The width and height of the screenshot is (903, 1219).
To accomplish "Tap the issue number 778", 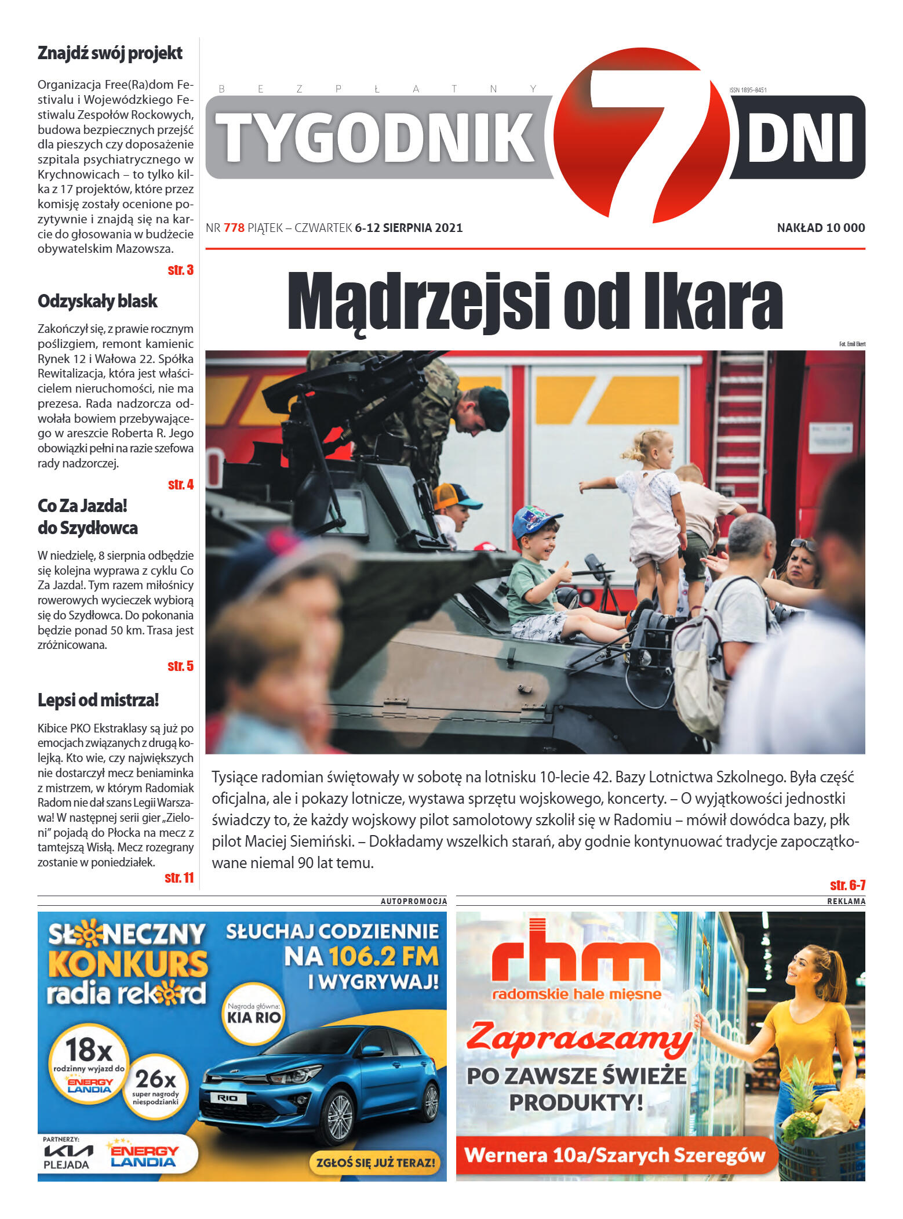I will [x=234, y=228].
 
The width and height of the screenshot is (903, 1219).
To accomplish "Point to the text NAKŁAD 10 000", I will [x=820, y=228].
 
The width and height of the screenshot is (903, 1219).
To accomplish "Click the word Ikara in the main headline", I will [x=712, y=302].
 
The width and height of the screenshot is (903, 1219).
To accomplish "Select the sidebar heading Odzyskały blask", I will [x=97, y=301].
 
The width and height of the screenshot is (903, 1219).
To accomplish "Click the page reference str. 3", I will [x=180, y=270].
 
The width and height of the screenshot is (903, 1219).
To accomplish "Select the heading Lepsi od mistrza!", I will [x=98, y=700].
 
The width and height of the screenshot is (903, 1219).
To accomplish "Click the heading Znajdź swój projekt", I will [x=110, y=53].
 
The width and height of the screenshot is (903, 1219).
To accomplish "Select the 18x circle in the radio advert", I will [x=89, y=1060].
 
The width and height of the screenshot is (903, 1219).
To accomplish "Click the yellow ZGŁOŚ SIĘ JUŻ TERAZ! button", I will [x=375, y=1162].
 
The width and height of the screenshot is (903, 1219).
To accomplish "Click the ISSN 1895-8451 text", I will [x=748, y=90].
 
